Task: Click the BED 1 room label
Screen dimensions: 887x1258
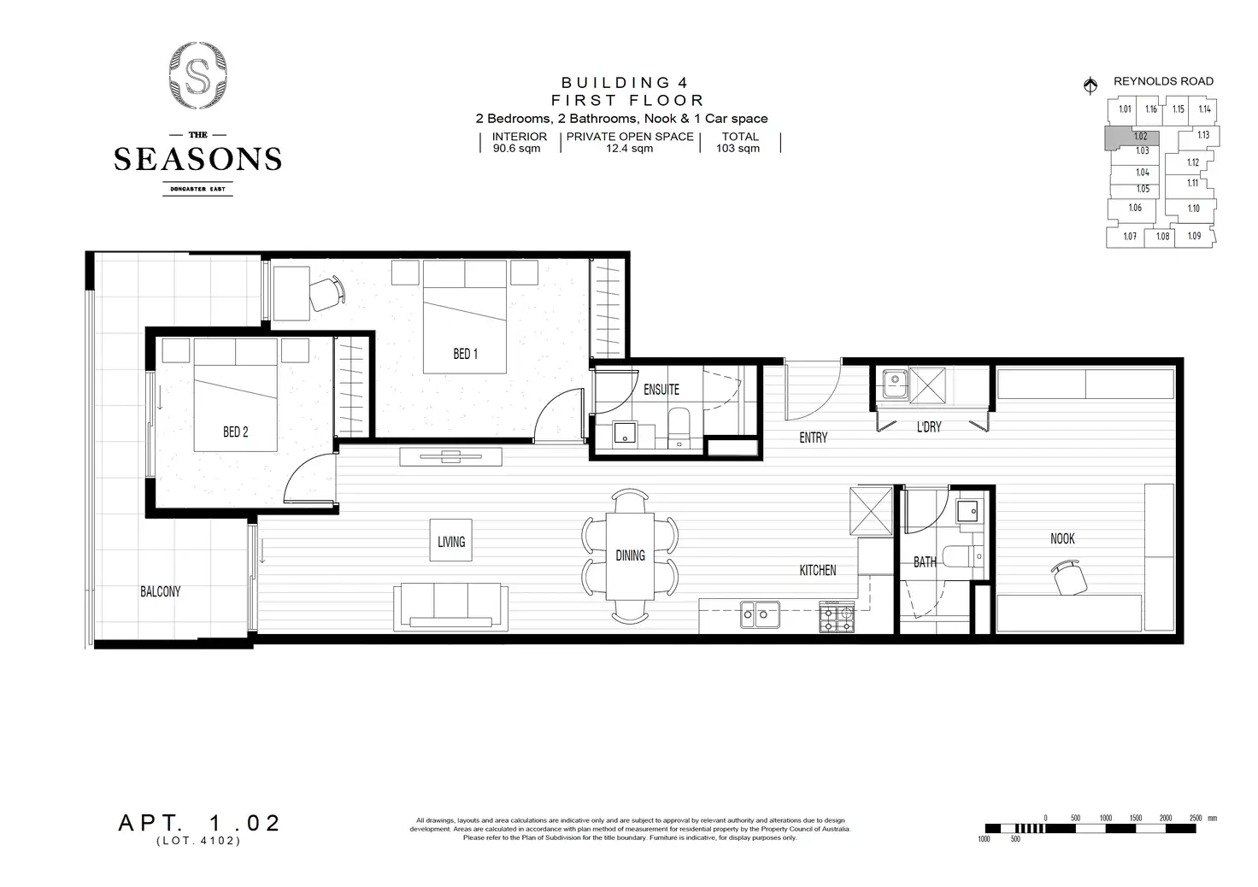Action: pos(465,354)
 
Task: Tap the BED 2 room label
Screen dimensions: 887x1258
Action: pos(235,432)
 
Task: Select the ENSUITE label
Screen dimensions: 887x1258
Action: pos(661,390)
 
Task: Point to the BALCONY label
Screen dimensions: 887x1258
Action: pos(160,591)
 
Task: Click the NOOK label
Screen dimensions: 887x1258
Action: pos(1062,538)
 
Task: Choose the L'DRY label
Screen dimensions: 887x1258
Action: pos(929,426)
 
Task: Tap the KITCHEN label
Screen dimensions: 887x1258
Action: pos(817,570)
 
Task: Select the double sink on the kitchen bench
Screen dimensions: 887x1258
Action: pos(760,612)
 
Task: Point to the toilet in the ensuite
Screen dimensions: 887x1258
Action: pos(679,427)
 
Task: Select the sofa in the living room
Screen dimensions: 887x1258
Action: pos(451,604)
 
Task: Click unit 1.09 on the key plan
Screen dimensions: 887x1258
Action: pos(1194,236)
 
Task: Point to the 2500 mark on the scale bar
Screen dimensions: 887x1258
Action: pos(1196,818)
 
